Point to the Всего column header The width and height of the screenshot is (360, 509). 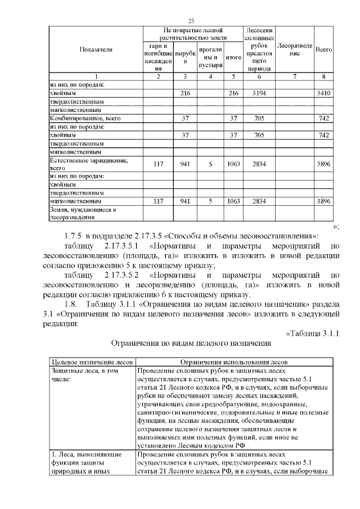[323, 49]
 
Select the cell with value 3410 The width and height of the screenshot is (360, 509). [323, 92]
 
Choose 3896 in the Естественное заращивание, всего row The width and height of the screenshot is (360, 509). [323, 164]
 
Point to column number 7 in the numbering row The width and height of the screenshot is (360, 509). [295, 76]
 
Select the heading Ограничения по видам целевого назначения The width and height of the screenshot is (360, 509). [191, 342]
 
